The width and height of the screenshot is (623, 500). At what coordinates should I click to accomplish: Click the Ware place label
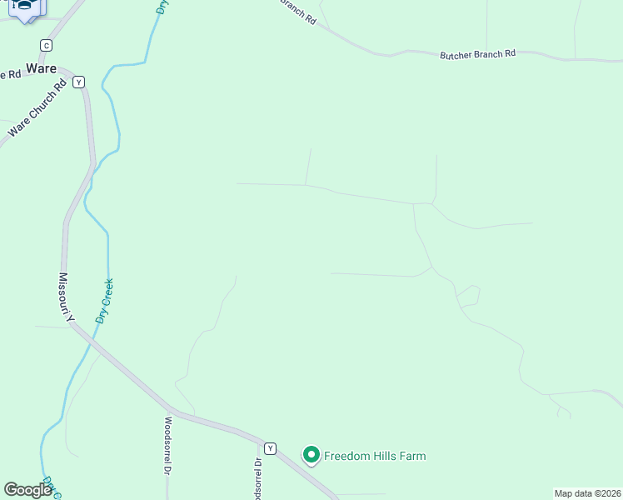tap(41, 67)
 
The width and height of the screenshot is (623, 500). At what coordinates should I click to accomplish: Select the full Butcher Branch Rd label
tap(477, 53)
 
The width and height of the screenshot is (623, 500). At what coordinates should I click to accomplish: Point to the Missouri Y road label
tap(67, 297)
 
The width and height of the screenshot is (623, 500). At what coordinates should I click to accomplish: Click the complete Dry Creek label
tap(104, 301)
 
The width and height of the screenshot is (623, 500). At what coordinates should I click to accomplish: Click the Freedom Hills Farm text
tap(375, 456)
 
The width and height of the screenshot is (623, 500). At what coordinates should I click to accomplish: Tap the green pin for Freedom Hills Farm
tap(311, 455)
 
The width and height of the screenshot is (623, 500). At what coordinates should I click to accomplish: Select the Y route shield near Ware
tap(79, 82)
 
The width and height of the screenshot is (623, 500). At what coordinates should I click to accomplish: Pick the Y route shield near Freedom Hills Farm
tap(270, 448)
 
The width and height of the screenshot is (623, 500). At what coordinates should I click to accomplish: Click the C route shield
tap(46, 45)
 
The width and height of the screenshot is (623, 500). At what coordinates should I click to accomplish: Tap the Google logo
tap(27, 490)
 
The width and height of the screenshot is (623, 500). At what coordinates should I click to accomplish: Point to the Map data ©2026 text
tap(587, 492)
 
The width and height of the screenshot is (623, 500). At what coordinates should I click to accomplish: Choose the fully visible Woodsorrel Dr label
tap(167, 445)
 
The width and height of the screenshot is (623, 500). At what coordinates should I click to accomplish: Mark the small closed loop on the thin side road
tap(469, 296)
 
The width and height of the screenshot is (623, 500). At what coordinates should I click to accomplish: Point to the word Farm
tap(412, 456)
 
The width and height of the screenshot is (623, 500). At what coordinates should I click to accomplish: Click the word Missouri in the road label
tap(65, 292)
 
